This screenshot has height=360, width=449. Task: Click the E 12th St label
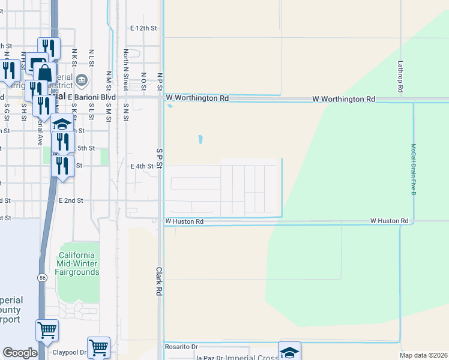tap(143, 28)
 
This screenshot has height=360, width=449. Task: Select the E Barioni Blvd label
tap(91, 97)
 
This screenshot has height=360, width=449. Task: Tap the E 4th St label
tap(142, 166)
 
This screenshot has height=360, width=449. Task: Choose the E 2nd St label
tap(71, 200)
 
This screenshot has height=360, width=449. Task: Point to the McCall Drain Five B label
tap(414, 169)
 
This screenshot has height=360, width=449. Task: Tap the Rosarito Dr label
tap(181, 347)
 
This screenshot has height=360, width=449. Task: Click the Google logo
tap(20, 353)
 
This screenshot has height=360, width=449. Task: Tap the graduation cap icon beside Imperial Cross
tap(289, 352)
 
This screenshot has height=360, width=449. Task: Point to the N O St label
tap(143, 79)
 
